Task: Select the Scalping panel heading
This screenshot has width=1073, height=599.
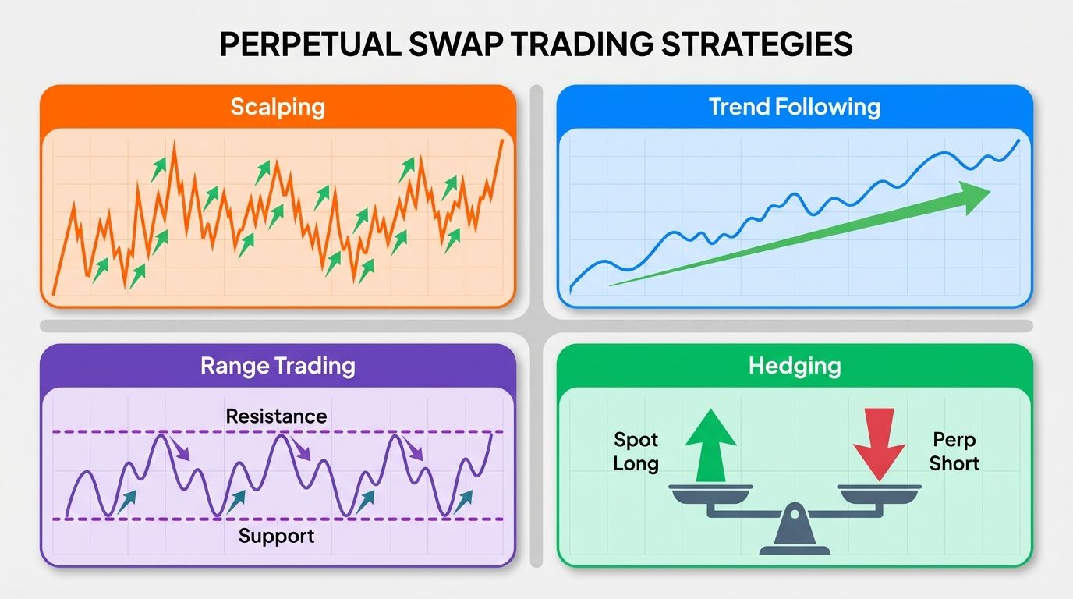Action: (278, 107)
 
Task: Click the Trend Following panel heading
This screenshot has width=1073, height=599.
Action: (795, 107)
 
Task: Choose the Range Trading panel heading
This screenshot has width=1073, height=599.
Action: (278, 366)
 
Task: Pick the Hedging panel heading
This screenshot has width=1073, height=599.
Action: (795, 366)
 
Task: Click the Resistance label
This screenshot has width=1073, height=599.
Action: (276, 416)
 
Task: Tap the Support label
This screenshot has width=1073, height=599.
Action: (276, 536)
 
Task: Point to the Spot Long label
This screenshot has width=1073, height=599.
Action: (636, 452)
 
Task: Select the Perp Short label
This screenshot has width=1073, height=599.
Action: (954, 452)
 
